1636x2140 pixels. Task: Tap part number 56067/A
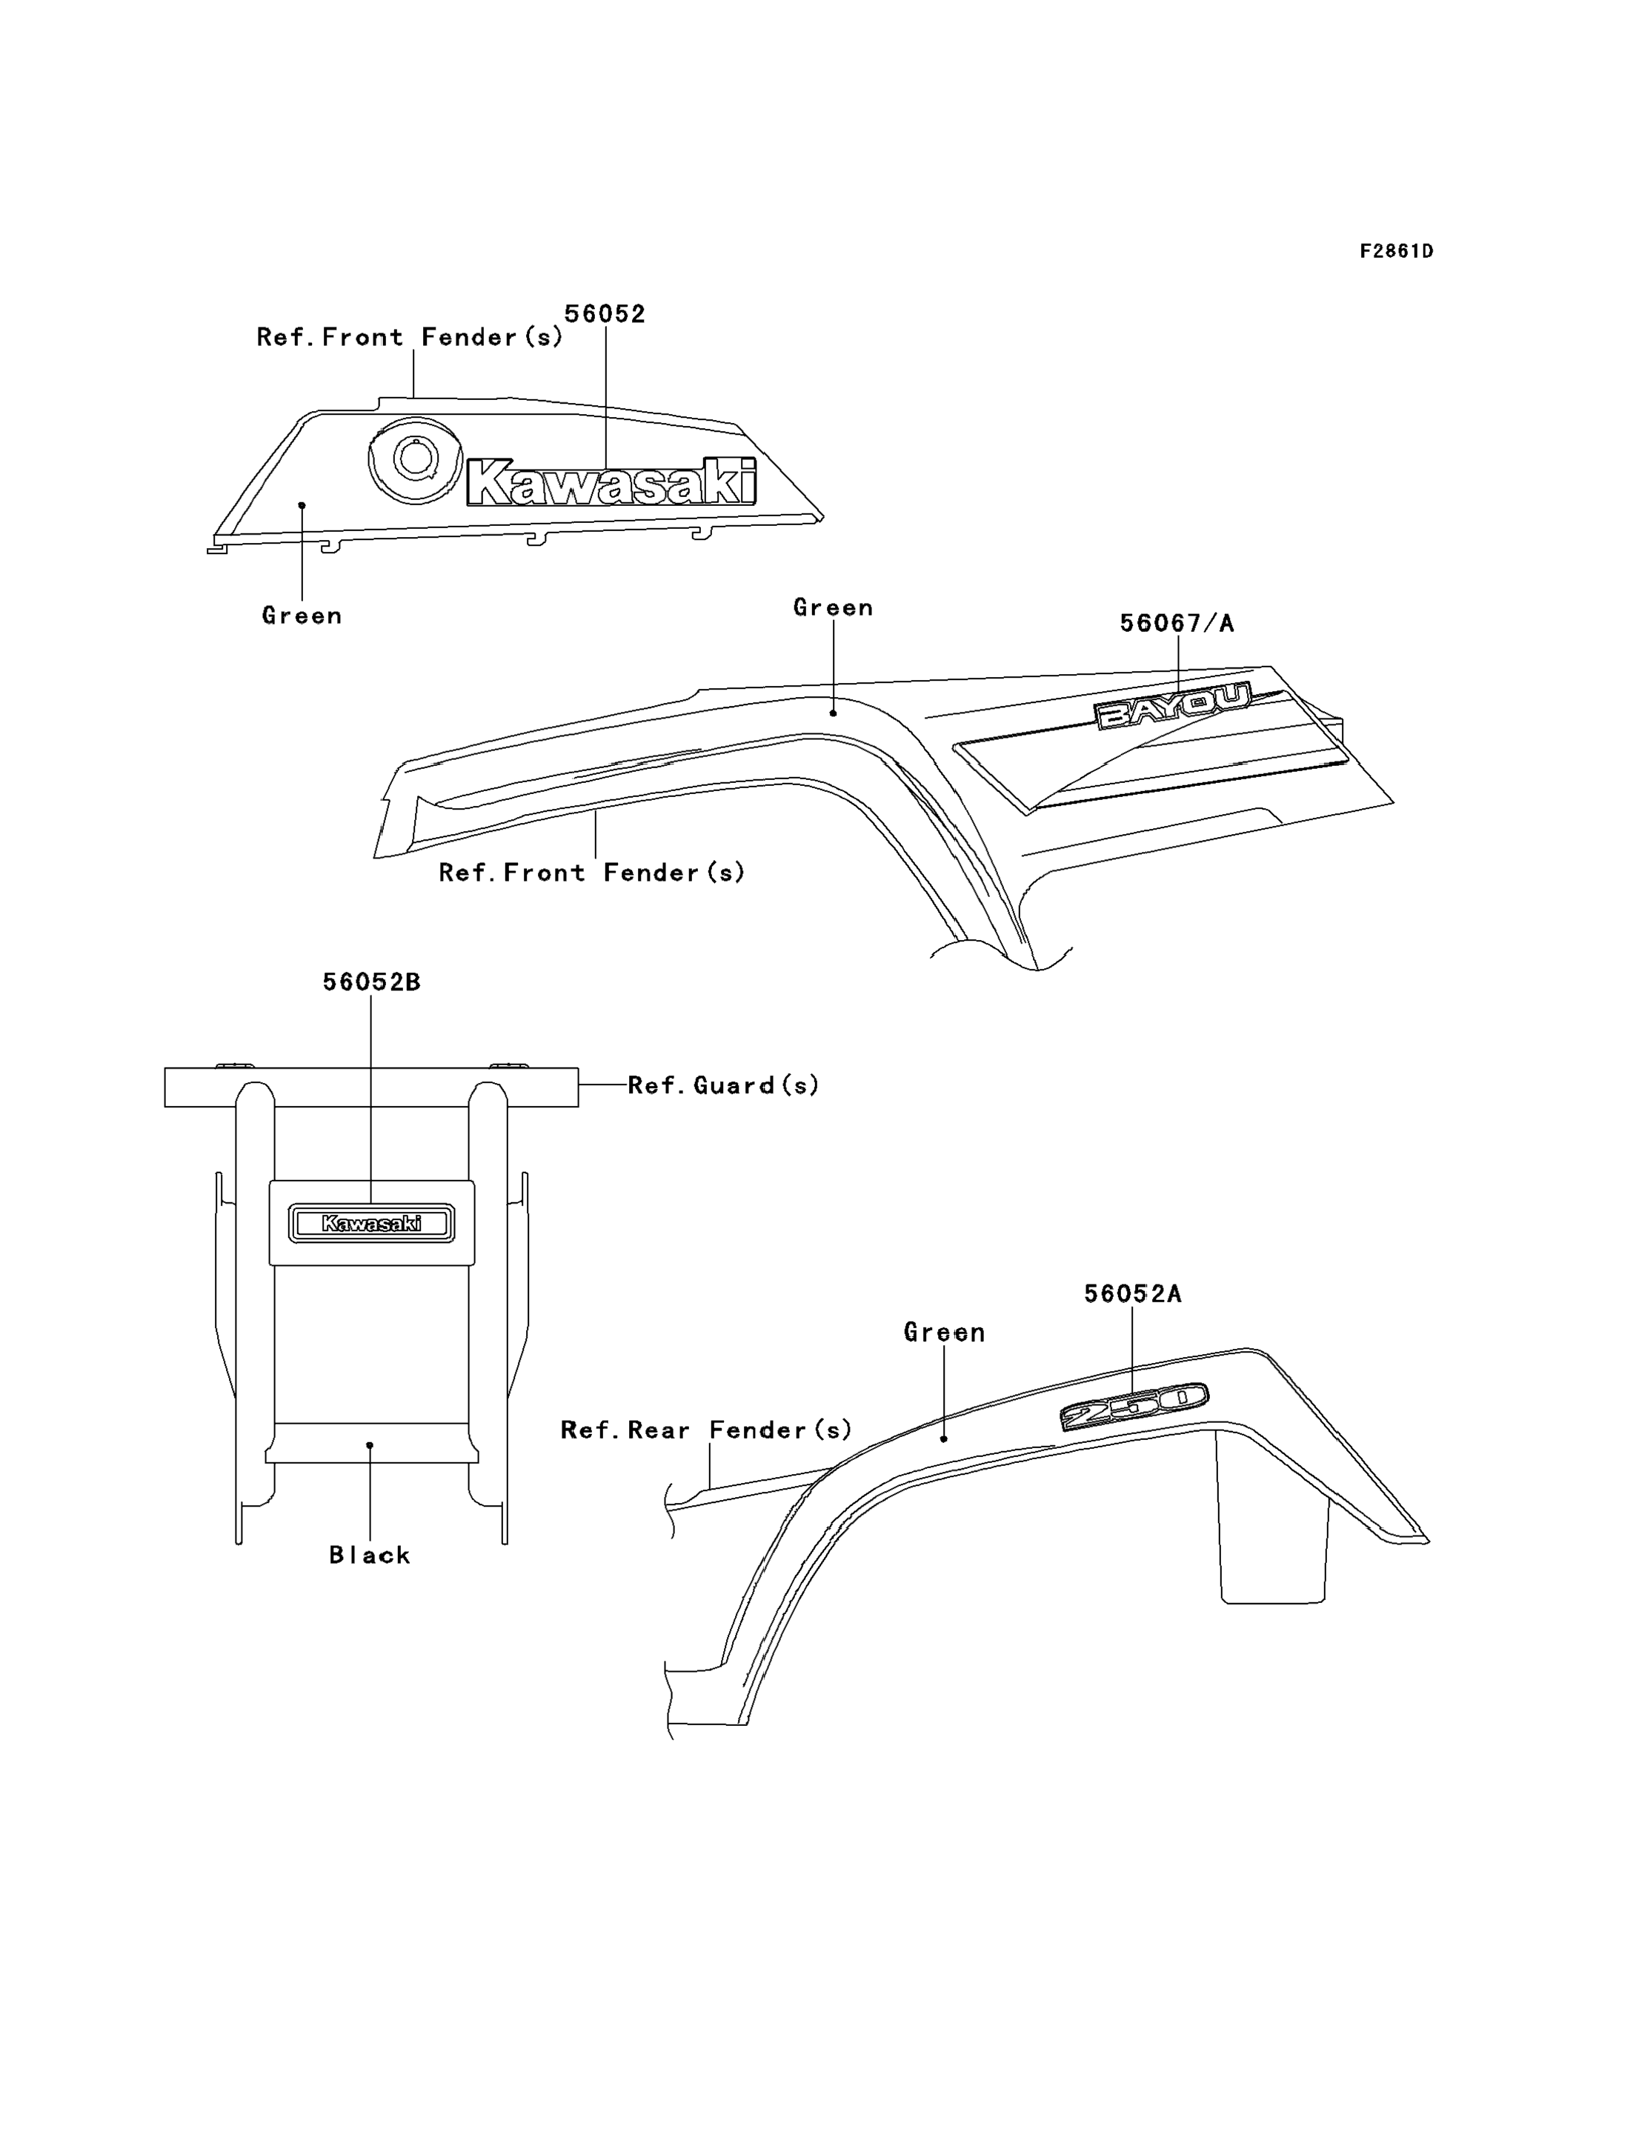pos(1177,623)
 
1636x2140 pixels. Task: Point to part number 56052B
pos(371,982)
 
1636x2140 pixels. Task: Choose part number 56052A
pos(1133,1294)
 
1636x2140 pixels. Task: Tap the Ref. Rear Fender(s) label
pos(706,1430)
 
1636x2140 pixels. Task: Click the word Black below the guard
pos(370,1556)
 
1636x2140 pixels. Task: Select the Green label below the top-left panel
pos(302,616)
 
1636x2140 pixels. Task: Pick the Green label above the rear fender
pos(944,1332)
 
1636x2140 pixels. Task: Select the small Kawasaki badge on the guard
pos(371,1223)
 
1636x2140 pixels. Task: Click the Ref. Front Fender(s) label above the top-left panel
pos(410,337)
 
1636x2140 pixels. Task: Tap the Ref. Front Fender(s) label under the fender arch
pos(592,873)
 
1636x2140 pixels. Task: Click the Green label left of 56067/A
pos(833,607)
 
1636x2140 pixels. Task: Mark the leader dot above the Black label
pos(370,1445)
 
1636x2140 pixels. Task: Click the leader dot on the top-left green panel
pos(302,505)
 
